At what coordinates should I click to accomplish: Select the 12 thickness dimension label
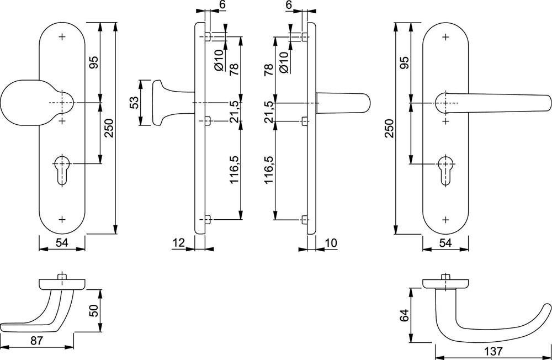[x=178, y=241]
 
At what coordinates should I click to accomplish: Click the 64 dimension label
[x=405, y=316]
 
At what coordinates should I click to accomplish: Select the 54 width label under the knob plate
[x=62, y=242]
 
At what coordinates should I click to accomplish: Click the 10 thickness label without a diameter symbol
[x=331, y=241]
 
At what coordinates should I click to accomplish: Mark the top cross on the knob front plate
[x=62, y=37]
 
